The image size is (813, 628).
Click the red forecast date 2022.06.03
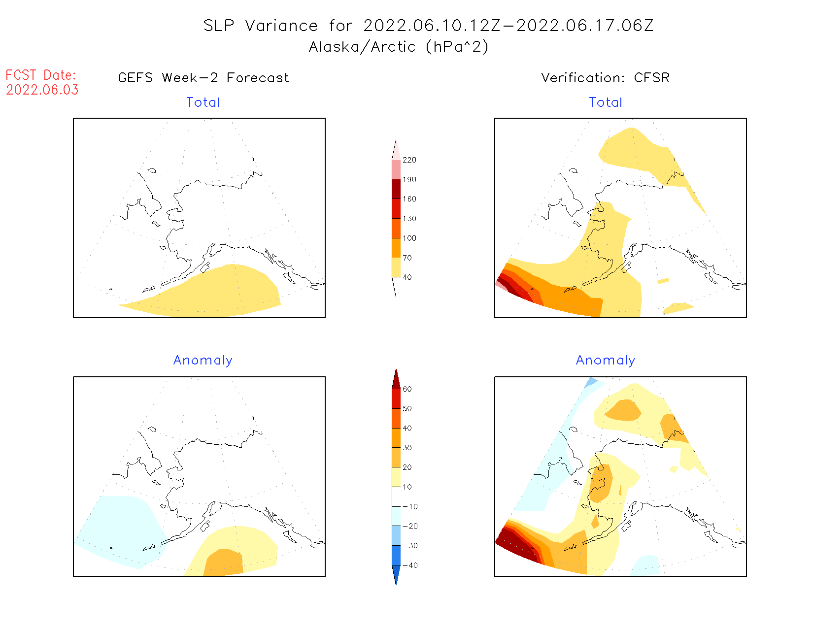(42, 90)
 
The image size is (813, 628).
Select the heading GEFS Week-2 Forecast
(203, 78)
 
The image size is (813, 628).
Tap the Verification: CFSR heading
(605, 78)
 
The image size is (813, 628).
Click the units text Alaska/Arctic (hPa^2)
(399, 47)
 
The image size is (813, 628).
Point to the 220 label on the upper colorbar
(409, 160)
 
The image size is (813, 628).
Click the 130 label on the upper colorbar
(409, 219)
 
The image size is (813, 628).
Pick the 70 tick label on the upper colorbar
(407, 258)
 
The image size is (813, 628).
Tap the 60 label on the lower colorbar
(407, 389)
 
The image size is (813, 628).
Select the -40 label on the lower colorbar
(409, 565)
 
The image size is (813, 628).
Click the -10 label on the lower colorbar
(409, 506)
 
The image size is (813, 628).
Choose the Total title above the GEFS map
(203, 102)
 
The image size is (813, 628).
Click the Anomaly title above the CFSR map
(606, 361)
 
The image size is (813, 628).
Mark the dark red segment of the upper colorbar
(396, 189)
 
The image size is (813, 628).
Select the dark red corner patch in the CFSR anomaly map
(512, 542)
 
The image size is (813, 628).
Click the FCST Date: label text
(41, 75)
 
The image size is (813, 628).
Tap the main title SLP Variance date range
(429, 26)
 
